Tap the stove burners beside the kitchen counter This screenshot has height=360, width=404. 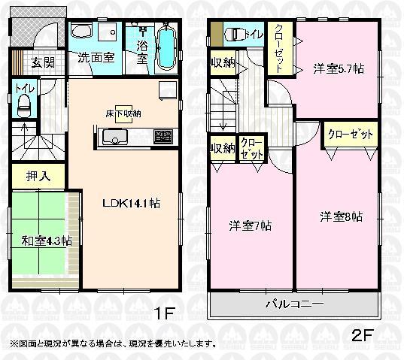(163, 137)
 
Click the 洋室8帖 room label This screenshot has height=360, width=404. (341, 217)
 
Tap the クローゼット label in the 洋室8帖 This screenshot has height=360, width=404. (349, 135)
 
